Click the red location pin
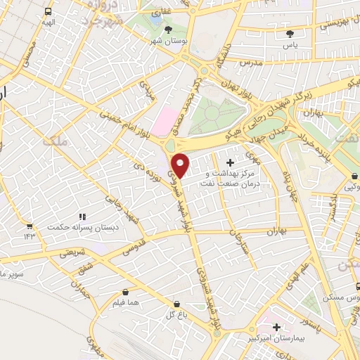tap(181, 165)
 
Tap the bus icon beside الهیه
tap(47, 12)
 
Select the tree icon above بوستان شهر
tap(168, 30)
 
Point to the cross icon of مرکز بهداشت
tap(231, 162)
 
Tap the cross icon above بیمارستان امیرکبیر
tap(277, 327)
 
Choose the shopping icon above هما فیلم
tap(124, 292)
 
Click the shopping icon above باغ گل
tap(175, 304)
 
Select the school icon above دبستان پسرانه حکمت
tap(82, 217)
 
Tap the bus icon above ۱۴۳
tap(29, 226)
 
